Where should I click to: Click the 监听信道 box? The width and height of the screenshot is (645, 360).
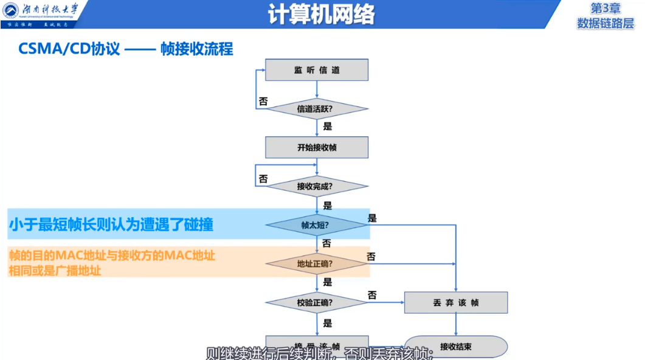(317, 70)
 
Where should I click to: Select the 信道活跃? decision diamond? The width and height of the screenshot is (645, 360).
(317, 109)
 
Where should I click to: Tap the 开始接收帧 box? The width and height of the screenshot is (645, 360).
(317, 147)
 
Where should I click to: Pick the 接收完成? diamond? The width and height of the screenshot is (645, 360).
(317, 186)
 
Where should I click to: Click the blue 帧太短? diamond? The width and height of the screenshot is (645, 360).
(317, 225)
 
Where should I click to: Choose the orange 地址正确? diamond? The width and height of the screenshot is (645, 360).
(317, 264)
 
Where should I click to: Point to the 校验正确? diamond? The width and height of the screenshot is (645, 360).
(317, 302)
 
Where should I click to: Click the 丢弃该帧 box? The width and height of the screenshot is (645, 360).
(456, 302)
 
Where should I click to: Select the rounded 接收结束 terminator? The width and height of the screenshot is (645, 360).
(456, 347)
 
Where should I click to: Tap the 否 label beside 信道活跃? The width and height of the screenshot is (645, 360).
(263, 102)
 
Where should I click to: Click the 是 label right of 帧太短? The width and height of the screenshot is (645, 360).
(373, 218)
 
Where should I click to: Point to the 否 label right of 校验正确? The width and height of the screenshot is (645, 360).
(372, 295)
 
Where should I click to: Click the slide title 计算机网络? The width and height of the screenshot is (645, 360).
(322, 14)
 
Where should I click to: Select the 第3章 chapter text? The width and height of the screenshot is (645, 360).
(605, 9)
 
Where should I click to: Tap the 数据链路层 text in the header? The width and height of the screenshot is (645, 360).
(605, 23)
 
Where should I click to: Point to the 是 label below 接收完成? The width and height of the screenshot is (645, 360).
(328, 206)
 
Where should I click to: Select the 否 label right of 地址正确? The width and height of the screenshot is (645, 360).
(371, 257)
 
